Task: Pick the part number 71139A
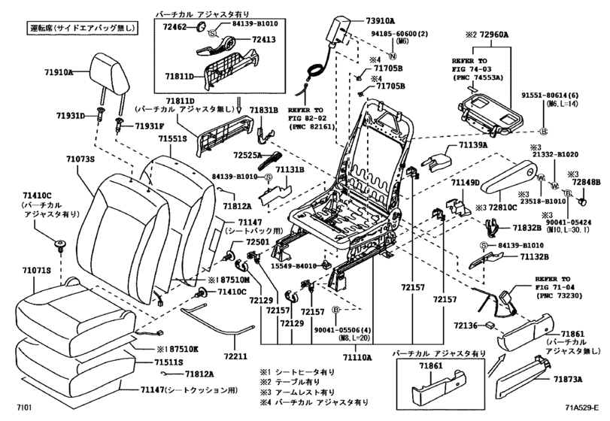coord(469,145)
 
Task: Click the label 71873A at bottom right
coord(571,379)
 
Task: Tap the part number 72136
coord(468,325)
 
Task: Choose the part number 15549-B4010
coord(293,265)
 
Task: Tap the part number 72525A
coord(247,155)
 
